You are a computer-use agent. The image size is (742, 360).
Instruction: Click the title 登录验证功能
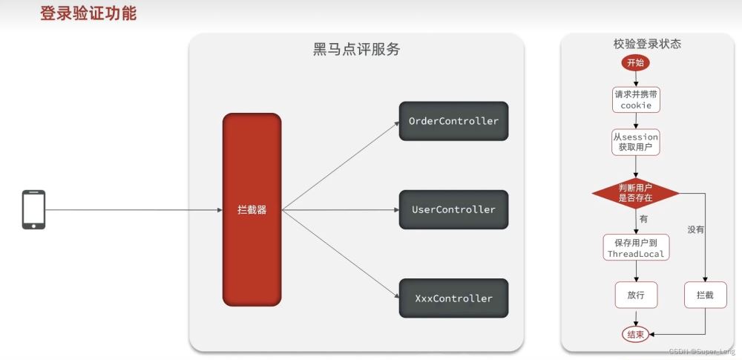[88, 13]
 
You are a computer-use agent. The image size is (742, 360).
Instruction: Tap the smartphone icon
[33, 210]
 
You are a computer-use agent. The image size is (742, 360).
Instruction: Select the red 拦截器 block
[252, 209]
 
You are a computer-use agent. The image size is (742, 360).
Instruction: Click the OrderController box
[454, 121]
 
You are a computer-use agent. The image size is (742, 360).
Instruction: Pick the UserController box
[454, 209]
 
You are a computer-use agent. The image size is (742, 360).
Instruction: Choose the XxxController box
[454, 298]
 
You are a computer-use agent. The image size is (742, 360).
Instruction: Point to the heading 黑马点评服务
[357, 49]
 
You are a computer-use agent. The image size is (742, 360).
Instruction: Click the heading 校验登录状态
[647, 44]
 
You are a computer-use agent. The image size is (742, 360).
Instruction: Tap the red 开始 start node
[636, 63]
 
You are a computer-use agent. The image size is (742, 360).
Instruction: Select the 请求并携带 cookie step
[636, 99]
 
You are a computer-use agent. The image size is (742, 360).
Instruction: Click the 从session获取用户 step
[636, 142]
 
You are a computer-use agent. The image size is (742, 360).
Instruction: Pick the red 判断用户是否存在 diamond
[636, 193]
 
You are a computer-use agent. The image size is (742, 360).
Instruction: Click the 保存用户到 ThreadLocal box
[636, 247]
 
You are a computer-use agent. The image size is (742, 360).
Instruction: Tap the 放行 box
[636, 295]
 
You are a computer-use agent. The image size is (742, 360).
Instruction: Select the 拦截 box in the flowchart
[705, 295]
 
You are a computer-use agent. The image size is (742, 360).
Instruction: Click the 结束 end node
[636, 335]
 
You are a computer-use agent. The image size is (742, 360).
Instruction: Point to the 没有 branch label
[696, 230]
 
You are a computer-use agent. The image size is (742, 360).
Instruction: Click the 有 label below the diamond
[643, 219]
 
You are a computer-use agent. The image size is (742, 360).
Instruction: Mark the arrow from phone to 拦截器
[134, 210]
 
